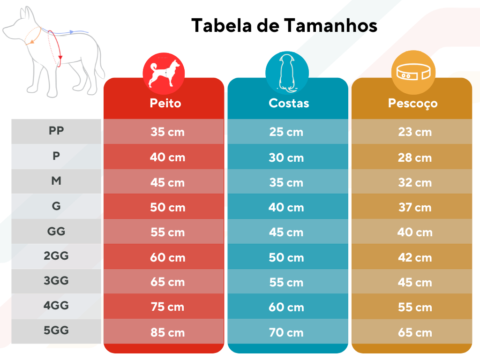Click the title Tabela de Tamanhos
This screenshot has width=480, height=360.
coord(284,25)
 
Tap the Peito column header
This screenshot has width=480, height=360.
coord(165,103)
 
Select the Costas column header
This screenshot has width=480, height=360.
coord(289,103)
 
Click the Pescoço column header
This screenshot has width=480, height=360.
coord(412,103)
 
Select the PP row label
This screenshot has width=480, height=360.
coord(56,131)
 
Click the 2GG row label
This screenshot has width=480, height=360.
coord(56,256)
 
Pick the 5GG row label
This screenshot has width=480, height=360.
coord(56,330)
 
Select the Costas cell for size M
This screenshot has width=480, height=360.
coord(286,182)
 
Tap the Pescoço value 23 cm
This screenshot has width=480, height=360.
coord(415,132)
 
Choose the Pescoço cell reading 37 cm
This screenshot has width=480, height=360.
coord(415,207)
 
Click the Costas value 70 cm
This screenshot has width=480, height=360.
coord(286,333)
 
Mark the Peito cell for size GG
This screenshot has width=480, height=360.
coord(167,232)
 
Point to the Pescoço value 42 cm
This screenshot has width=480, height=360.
coord(415,257)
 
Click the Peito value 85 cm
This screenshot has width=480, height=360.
coord(167,333)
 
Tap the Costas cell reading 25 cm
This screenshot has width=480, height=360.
coord(286,132)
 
